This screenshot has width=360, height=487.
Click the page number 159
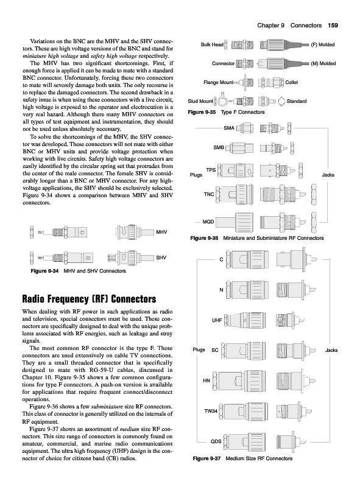[333, 26]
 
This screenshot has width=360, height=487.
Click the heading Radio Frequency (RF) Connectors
[89, 299]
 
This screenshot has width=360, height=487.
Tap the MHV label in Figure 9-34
[161, 232]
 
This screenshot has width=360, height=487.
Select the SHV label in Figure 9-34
[161, 258]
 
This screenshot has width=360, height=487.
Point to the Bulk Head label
[212, 44]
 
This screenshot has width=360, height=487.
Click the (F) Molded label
[323, 44]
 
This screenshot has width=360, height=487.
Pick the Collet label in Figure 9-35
[292, 82]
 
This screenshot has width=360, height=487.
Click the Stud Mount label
[200, 101]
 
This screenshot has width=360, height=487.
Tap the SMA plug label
[229, 128]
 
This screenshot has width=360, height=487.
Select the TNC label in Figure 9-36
[209, 194]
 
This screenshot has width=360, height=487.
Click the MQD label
[208, 222]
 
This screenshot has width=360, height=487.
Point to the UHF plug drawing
[245, 320]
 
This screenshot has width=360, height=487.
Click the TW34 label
[211, 411]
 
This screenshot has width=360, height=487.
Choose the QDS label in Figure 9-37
[216, 441]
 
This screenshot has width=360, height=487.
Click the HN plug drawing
[239, 381]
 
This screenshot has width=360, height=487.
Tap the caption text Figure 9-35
[202, 112]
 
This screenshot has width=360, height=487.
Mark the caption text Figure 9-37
[206, 458]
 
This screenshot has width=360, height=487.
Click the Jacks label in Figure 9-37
[331, 350]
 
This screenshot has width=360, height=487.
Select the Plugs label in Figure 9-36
[196, 175]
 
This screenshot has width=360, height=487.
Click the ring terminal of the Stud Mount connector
[222, 100]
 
